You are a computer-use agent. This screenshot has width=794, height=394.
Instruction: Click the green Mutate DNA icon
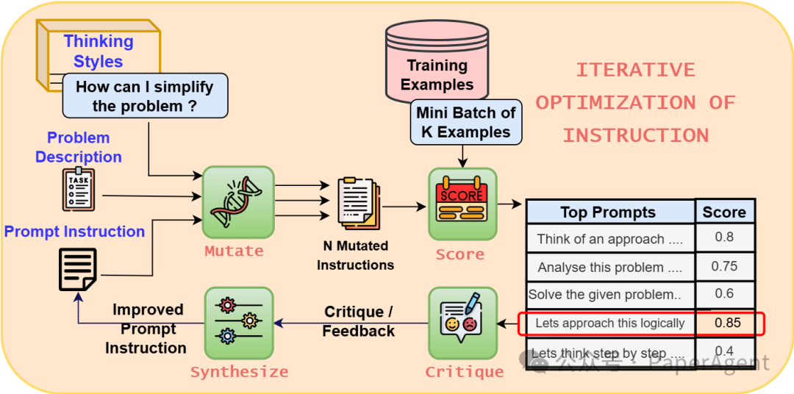(x=237, y=201)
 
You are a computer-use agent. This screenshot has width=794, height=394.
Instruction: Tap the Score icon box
(x=462, y=204)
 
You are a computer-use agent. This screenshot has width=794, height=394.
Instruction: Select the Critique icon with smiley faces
(x=462, y=323)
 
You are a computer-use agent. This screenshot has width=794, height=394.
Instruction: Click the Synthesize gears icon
(x=237, y=323)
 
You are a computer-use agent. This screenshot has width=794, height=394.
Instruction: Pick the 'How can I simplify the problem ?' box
(x=145, y=96)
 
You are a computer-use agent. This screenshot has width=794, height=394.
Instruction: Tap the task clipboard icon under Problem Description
(x=78, y=189)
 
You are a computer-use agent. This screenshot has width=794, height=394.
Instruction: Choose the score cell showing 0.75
(x=724, y=266)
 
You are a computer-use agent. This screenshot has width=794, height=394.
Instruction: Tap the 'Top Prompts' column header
(x=608, y=212)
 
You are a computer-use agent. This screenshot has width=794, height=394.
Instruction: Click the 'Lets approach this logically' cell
(x=609, y=323)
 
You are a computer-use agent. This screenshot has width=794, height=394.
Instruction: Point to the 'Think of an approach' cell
(x=609, y=239)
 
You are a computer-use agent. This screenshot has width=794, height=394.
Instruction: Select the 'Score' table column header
(x=724, y=212)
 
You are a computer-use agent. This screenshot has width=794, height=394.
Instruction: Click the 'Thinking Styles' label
(x=99, y=51)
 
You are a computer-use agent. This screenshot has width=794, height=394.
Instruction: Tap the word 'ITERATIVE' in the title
(x=634, y=70)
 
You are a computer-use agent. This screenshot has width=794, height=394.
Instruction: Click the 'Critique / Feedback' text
(x=359, y=322)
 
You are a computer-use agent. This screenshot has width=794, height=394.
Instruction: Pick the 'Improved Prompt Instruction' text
(x=147, y=329)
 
